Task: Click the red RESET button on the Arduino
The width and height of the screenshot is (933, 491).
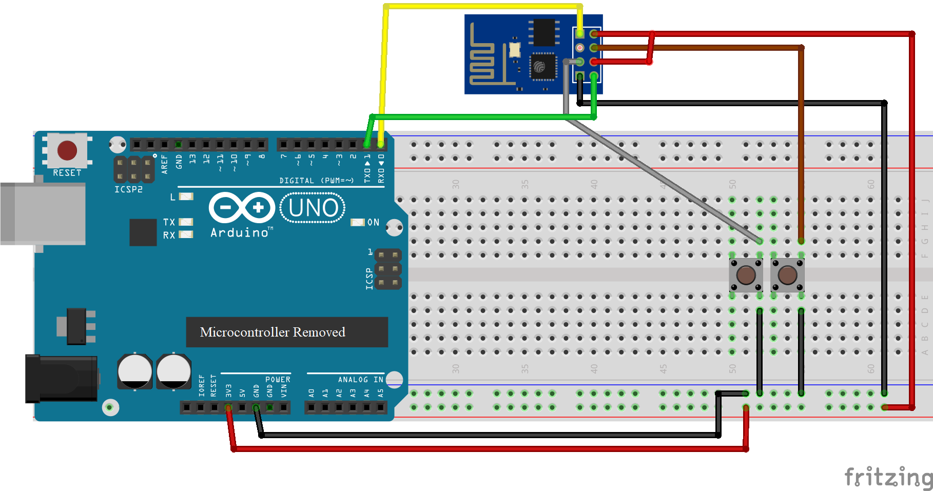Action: tap(67, 150)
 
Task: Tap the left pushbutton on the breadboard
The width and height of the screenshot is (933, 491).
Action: tap(746, 275)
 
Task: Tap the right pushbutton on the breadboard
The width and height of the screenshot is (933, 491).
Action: tap(787, 275)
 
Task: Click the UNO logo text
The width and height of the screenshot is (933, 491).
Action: tap(313, 208)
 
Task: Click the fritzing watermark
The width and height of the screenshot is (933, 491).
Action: tap(888, 477)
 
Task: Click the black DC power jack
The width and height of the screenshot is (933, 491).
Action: tap(62, 379)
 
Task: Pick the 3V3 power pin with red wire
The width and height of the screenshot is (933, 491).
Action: tap(228, 407)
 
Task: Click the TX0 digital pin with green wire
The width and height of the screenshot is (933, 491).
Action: tap(367, 145)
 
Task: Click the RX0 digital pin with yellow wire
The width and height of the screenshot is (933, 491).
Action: tap(381, 145)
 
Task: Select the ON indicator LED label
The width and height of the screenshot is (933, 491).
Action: tap(373, 222)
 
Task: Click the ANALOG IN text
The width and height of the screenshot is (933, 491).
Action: tap(360, 380)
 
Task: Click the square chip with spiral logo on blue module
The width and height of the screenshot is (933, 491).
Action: tap(542, 67)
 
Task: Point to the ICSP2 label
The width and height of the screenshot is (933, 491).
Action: tap(128, 189)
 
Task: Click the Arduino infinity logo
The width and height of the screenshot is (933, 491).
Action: tap(242, 208)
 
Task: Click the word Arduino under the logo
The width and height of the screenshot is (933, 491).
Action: tap(240, 233)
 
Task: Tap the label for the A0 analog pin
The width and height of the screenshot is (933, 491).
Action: tap(311, 393)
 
